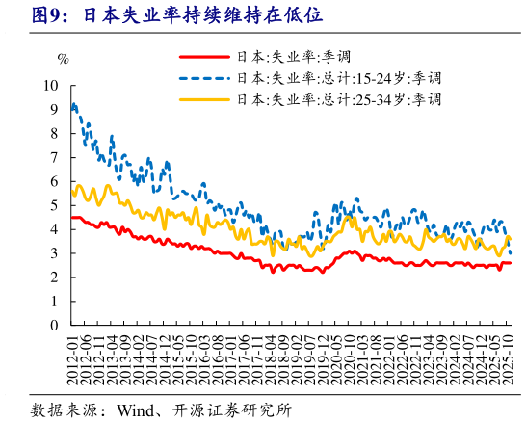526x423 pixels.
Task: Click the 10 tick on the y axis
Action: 54,85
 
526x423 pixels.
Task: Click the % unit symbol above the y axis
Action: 64,59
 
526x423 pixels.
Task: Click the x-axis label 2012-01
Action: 74,358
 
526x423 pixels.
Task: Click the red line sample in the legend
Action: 204,58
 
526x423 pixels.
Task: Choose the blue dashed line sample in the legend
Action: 204,78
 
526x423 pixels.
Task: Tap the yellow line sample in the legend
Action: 204,99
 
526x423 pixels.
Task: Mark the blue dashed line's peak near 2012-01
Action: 75,104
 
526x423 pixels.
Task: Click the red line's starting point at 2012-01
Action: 73,218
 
